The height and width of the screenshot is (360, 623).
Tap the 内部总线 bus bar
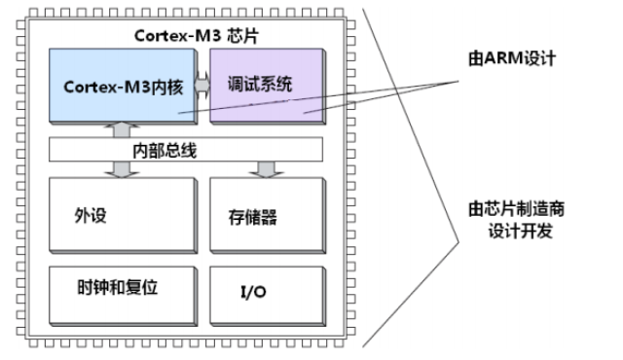click(x=185, y=150)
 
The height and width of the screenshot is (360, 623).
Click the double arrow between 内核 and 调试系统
click(x=202, y=86)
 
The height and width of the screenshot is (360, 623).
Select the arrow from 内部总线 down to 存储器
click(x=260, y=169)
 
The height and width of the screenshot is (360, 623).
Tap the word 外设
click(x=89, y=215)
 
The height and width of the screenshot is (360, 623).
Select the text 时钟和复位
click(x=117, y=289)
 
